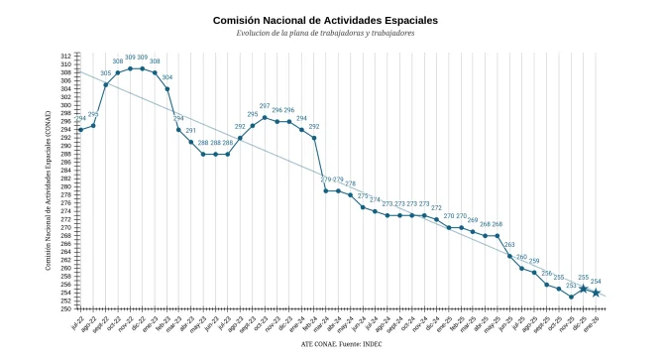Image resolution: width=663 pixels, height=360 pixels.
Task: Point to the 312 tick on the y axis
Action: pos(64,57)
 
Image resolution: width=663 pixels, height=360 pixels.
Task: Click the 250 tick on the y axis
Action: pos(64,308)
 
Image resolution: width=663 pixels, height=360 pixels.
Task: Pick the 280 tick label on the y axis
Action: pos(64,186)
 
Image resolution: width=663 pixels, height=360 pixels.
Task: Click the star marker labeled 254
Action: pos(596,293)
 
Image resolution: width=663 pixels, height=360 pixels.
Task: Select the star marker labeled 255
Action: pos(584,289)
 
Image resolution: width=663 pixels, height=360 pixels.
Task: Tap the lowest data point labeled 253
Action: pos(571,297)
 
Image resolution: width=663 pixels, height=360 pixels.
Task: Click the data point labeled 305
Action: pos(105,84)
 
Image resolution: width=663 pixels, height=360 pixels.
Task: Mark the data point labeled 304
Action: pos(166,89)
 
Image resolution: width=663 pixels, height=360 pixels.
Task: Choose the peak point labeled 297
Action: pos(265,117)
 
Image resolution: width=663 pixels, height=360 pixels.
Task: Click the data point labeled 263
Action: pos(510,256)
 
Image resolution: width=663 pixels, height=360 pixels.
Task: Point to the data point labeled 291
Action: pos(191,142)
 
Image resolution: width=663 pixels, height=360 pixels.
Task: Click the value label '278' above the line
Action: pos(350,183)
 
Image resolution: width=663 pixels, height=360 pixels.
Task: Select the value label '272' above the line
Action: pos(436,208)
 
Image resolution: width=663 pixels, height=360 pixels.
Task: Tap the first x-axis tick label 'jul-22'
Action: pos(77,323)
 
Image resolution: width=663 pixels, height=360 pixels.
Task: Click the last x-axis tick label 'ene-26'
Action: pos(594,323)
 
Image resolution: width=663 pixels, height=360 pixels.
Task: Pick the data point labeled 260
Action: pos(522,268)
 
